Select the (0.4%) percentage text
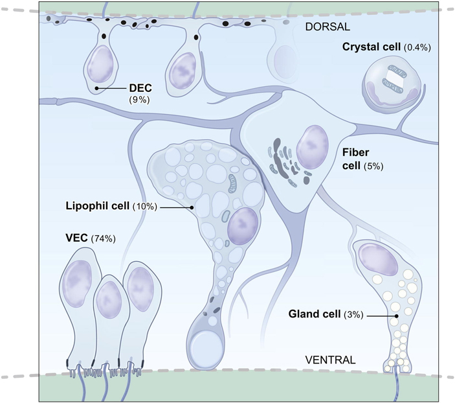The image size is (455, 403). [x=417, y=47]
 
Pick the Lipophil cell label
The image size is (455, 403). [x=98, y=207]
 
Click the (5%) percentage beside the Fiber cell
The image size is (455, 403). [x=372, y=165]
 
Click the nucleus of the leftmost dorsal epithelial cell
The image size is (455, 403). [x=100, y=65]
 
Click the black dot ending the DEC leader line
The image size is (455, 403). [x=96, y=88]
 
